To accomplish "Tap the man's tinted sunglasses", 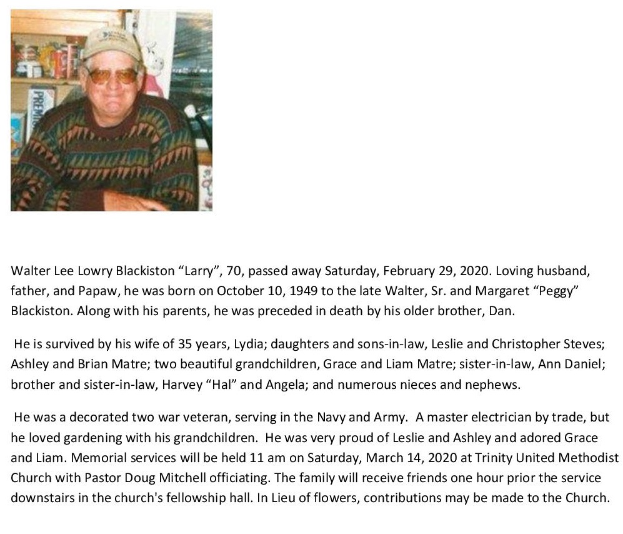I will point(112,76).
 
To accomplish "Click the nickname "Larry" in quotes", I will point(199,271).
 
